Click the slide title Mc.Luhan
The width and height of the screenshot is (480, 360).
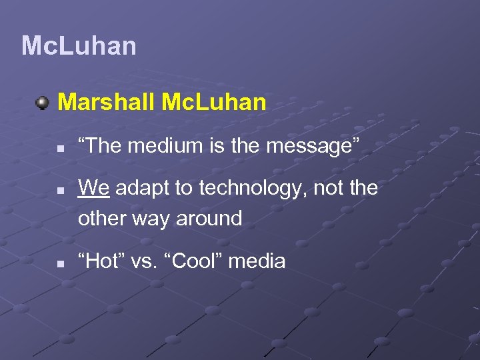click(x=79, y=46)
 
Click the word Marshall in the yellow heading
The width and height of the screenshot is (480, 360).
click(x=107, y=102)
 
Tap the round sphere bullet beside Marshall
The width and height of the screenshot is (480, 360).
click(x=43, y=103)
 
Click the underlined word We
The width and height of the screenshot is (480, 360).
click(x=93, y=189)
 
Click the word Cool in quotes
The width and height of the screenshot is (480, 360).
click(x=197, y=261)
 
